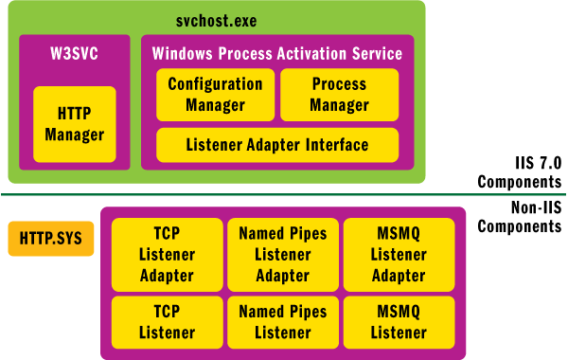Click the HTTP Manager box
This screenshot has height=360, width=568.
[74, 123]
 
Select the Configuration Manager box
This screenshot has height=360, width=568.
[215, 95]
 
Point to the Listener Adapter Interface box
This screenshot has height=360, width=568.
[277, 145]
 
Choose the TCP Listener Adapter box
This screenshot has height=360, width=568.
[167, 255]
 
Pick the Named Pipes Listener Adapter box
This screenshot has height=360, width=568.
[282, 255]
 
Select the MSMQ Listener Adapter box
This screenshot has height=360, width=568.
[398, 255]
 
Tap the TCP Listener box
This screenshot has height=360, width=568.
[167, 322]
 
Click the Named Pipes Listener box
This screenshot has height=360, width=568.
[282, 322]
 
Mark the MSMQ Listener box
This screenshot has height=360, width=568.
[398, 322]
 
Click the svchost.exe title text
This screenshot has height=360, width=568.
[216, 20]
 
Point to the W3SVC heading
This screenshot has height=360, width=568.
[74, 53]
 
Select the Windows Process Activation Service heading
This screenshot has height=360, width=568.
[277, 53]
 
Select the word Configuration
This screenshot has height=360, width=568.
[215, 84]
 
